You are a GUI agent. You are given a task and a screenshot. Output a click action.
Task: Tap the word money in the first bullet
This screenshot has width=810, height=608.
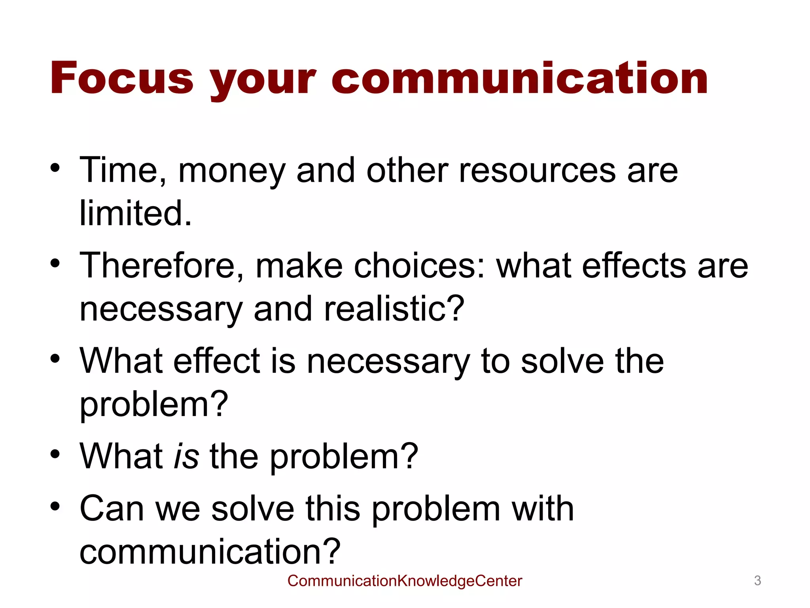[232, 171]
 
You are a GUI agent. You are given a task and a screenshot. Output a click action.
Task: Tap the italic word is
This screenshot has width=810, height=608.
[186, 456]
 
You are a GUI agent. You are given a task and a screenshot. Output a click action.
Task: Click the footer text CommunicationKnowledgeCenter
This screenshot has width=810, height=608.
[405, 581]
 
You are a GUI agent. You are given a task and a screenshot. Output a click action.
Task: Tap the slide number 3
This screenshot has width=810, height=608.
[757, 581]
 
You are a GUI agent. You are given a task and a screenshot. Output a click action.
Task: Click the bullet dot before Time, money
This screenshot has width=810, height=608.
[55, 168]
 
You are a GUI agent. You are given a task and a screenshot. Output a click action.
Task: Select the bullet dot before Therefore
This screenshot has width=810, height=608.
[55, 263]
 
